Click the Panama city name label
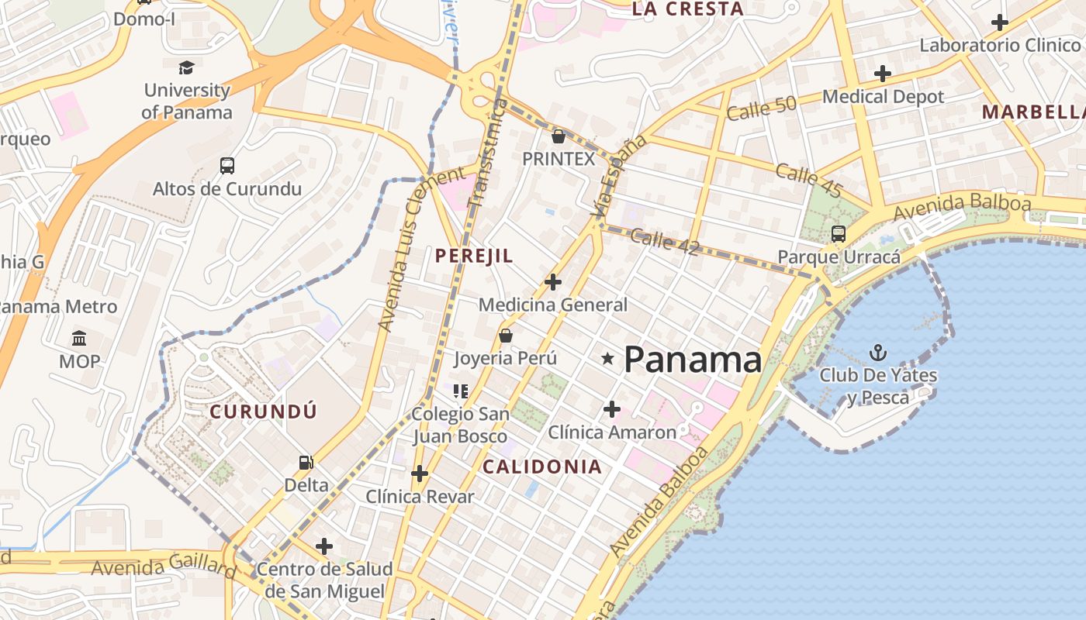tap(693, 360)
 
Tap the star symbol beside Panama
tap(607, 358)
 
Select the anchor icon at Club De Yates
tap(877, 353)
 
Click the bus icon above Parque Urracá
tap(838, 233)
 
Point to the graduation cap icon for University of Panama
tap(186, 67)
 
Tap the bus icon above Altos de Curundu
tap(227, 165)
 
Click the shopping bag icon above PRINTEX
tap(558, 136)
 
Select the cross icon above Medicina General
tap(552, 281)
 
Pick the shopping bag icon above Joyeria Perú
tap(505, 336)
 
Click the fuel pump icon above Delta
tap(306, 463)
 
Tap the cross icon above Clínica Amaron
tap(612, 408)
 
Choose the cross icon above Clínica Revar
tap(420, 473)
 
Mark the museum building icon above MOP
tap(79, 338)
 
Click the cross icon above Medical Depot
tap(883, 74)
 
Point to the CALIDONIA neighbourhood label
tap(542, 467)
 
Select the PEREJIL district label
tap(474, 256)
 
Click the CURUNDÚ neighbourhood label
tap(264, 412)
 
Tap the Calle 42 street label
tap(665, 242)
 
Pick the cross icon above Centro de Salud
tap(324, 546)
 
